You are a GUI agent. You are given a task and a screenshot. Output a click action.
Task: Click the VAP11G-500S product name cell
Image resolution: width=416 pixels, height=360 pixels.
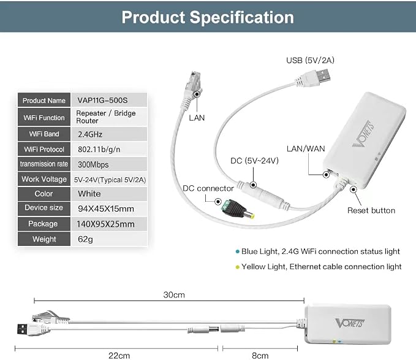tap(109, 100)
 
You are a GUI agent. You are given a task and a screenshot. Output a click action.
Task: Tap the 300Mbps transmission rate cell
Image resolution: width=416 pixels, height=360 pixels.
tap(109, 164)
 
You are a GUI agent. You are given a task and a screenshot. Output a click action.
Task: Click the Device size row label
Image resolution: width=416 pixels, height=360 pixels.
tap(44, 209)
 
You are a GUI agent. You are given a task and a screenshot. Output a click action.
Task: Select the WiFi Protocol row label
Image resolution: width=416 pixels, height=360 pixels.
tap(44, 149)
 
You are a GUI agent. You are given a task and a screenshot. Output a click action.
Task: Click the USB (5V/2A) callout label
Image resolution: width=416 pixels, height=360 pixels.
tap(310, 60)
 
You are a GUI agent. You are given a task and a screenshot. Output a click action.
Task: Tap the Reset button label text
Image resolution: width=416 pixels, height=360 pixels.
tap(371, 210)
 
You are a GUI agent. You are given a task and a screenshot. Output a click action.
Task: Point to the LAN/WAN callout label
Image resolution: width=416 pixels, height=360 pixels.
tap(306, 148)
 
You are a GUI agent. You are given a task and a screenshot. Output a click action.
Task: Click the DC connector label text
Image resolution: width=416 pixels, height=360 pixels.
tap(208, 188)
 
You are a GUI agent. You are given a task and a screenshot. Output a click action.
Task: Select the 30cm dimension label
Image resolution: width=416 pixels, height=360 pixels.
tap(174, 295)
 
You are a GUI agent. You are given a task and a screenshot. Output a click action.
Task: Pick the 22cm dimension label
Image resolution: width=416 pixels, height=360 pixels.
tap(119, 355)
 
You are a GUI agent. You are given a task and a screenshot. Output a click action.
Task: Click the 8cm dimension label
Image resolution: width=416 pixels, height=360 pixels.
tap(260, 355)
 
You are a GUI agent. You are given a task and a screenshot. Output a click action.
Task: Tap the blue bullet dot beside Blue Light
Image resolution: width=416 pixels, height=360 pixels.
tap(238, 251)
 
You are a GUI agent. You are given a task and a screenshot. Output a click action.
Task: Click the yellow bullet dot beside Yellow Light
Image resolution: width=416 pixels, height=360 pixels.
tap(238, 267)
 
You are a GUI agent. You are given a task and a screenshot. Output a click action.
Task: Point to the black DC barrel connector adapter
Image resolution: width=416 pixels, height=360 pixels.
tap(238, 209)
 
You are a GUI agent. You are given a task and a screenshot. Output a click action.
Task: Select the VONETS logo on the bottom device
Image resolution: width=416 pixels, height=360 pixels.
tap(350, 323)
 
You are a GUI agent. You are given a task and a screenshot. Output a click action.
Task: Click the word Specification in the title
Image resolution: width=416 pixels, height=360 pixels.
tap(241, 17)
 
